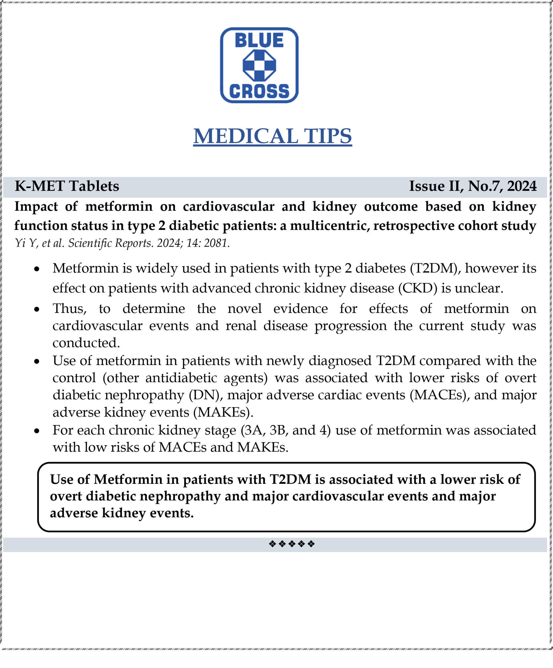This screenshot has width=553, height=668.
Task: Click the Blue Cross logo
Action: click(x=259, y=65)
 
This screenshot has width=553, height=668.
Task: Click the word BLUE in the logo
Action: click(x=259, y=40)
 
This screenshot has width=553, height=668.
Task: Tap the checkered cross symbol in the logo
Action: click(x=259, y=65)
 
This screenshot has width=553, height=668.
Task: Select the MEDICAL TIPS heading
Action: click(x=273, y=136)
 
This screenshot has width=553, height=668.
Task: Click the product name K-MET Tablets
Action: click(x=67, y=186)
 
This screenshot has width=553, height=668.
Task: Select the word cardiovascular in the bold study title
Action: click(x=228, y=206)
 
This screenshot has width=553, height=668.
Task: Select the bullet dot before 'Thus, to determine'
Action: click(x=37, y=309)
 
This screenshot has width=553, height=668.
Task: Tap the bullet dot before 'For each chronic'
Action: click(x=37, y=431)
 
